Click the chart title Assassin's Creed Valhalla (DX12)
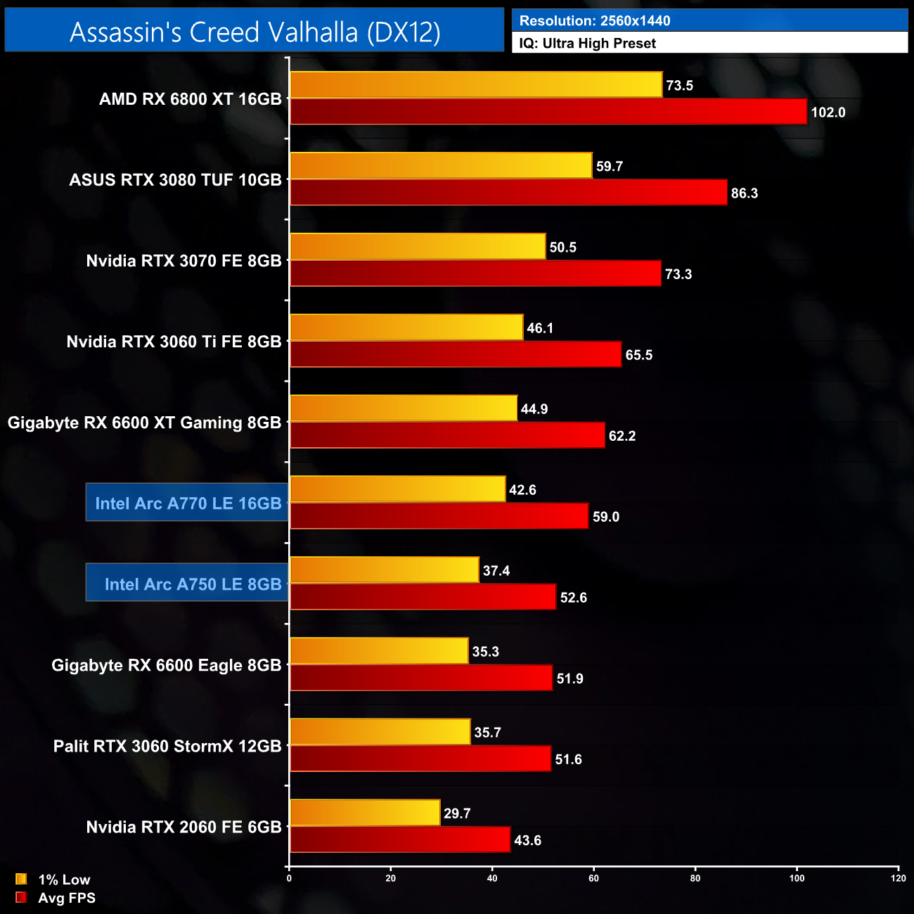[255, 32]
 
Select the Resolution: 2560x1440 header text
[595, 20]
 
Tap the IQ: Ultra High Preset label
[587, 43]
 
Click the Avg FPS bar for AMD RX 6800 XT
[548, 112]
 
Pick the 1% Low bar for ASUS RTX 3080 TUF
[441, 165]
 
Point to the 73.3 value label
[678, 274]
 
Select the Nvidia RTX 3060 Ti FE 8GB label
[174, 342]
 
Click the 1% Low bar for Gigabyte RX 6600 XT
[404, 408]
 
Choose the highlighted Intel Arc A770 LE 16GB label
[188, 503]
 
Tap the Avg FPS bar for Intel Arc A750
[423, 597]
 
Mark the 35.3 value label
[486, 652]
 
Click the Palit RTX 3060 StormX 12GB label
[167, 746]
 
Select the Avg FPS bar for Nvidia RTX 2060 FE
[400, 839]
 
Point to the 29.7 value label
[457, 813]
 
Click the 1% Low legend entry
[54, 880]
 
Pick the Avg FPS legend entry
[56, 898]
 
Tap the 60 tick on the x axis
[594, 878]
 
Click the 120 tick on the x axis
[898, 878]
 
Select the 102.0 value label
[828, 112]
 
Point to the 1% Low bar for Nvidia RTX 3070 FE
[418, 246]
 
